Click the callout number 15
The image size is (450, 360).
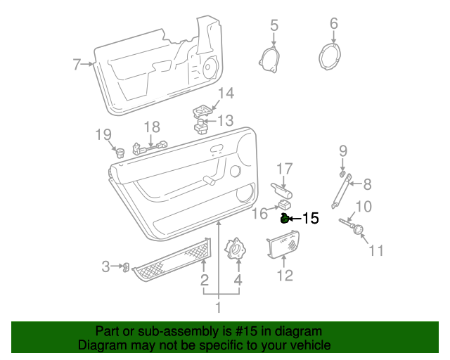(x=310, y=219)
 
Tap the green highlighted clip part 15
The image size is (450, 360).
(x=285, y=219)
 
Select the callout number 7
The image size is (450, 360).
(x=77, y=65)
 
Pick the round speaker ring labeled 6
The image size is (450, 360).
(x=333, y=56)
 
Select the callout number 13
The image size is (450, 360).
(x=224, y=121)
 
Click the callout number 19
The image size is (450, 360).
(x=103, y=134)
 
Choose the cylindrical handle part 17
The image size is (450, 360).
(x=282, y=189)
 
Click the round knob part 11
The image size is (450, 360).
(x=359, y=231)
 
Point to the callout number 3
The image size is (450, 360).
(x=106, y=266)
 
